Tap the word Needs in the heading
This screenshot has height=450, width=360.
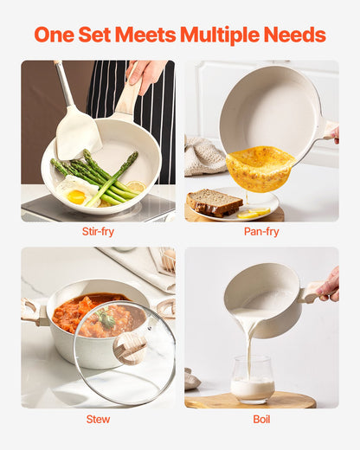pos(295,35)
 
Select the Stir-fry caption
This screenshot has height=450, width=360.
pos(97,232)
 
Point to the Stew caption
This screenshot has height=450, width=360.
pos(97,419)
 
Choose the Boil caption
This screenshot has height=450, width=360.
pos(261,419)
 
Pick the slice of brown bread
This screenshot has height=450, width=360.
pos(214,202)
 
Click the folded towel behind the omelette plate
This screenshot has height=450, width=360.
pos(204,156)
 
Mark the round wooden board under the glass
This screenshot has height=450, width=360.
pos(251,400)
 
